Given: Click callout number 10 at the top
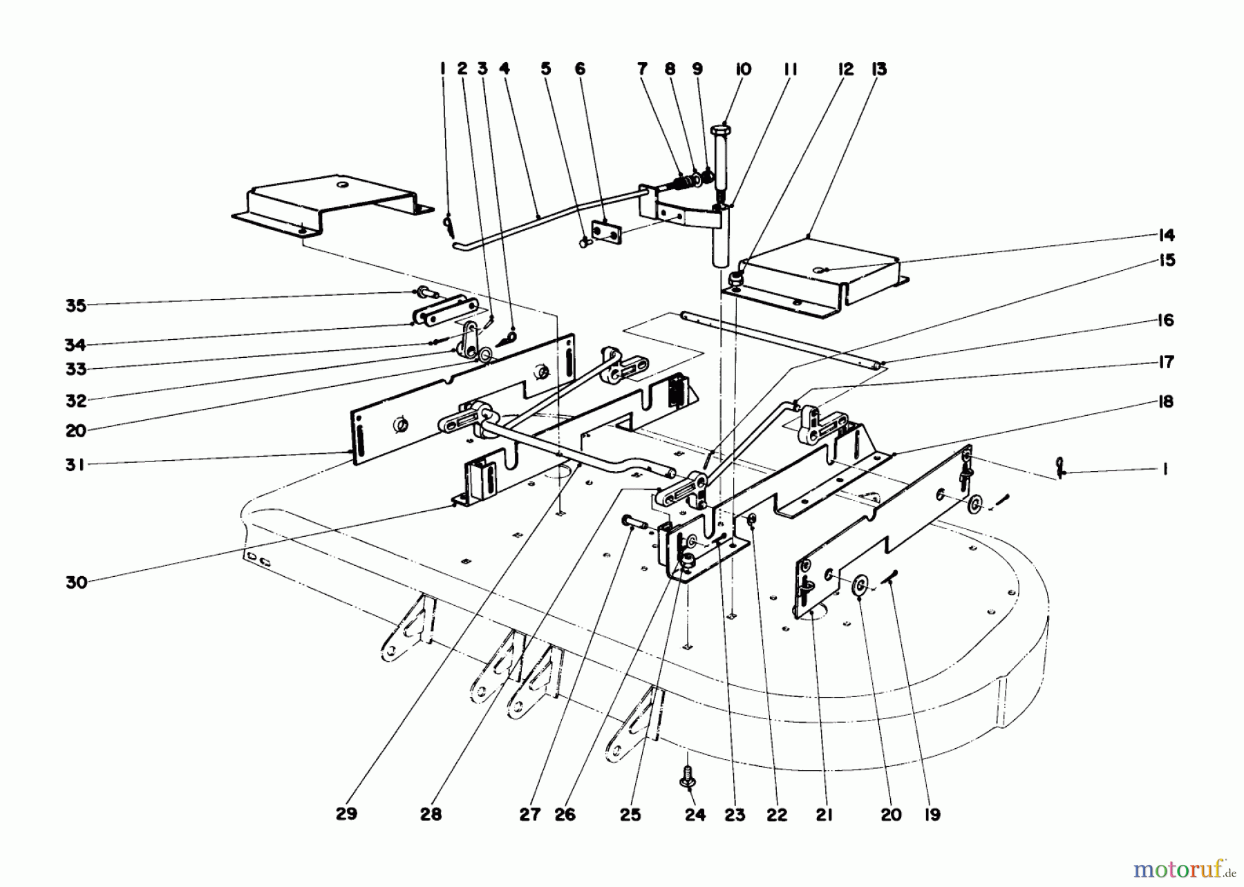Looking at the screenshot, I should (x=744, y=69).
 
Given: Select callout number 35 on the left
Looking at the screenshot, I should (x=75, y=305).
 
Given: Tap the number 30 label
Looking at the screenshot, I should (x=77, y=582).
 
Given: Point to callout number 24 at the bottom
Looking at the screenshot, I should (x=695, y=815).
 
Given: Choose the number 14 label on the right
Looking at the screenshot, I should (x=1166, y=236).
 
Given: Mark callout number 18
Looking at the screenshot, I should (x=1166, y=401).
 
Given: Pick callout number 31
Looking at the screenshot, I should (x=75, y=465).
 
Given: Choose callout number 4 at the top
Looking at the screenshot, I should (x=505, y=69).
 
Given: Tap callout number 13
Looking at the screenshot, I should (x=879, y=69).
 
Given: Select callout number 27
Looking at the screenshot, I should (x=530, y=815).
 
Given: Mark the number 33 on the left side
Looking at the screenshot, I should (x=75, y=369).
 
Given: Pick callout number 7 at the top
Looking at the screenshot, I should (x=642, y=69).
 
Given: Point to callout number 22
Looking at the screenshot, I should (x=777, y=815).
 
